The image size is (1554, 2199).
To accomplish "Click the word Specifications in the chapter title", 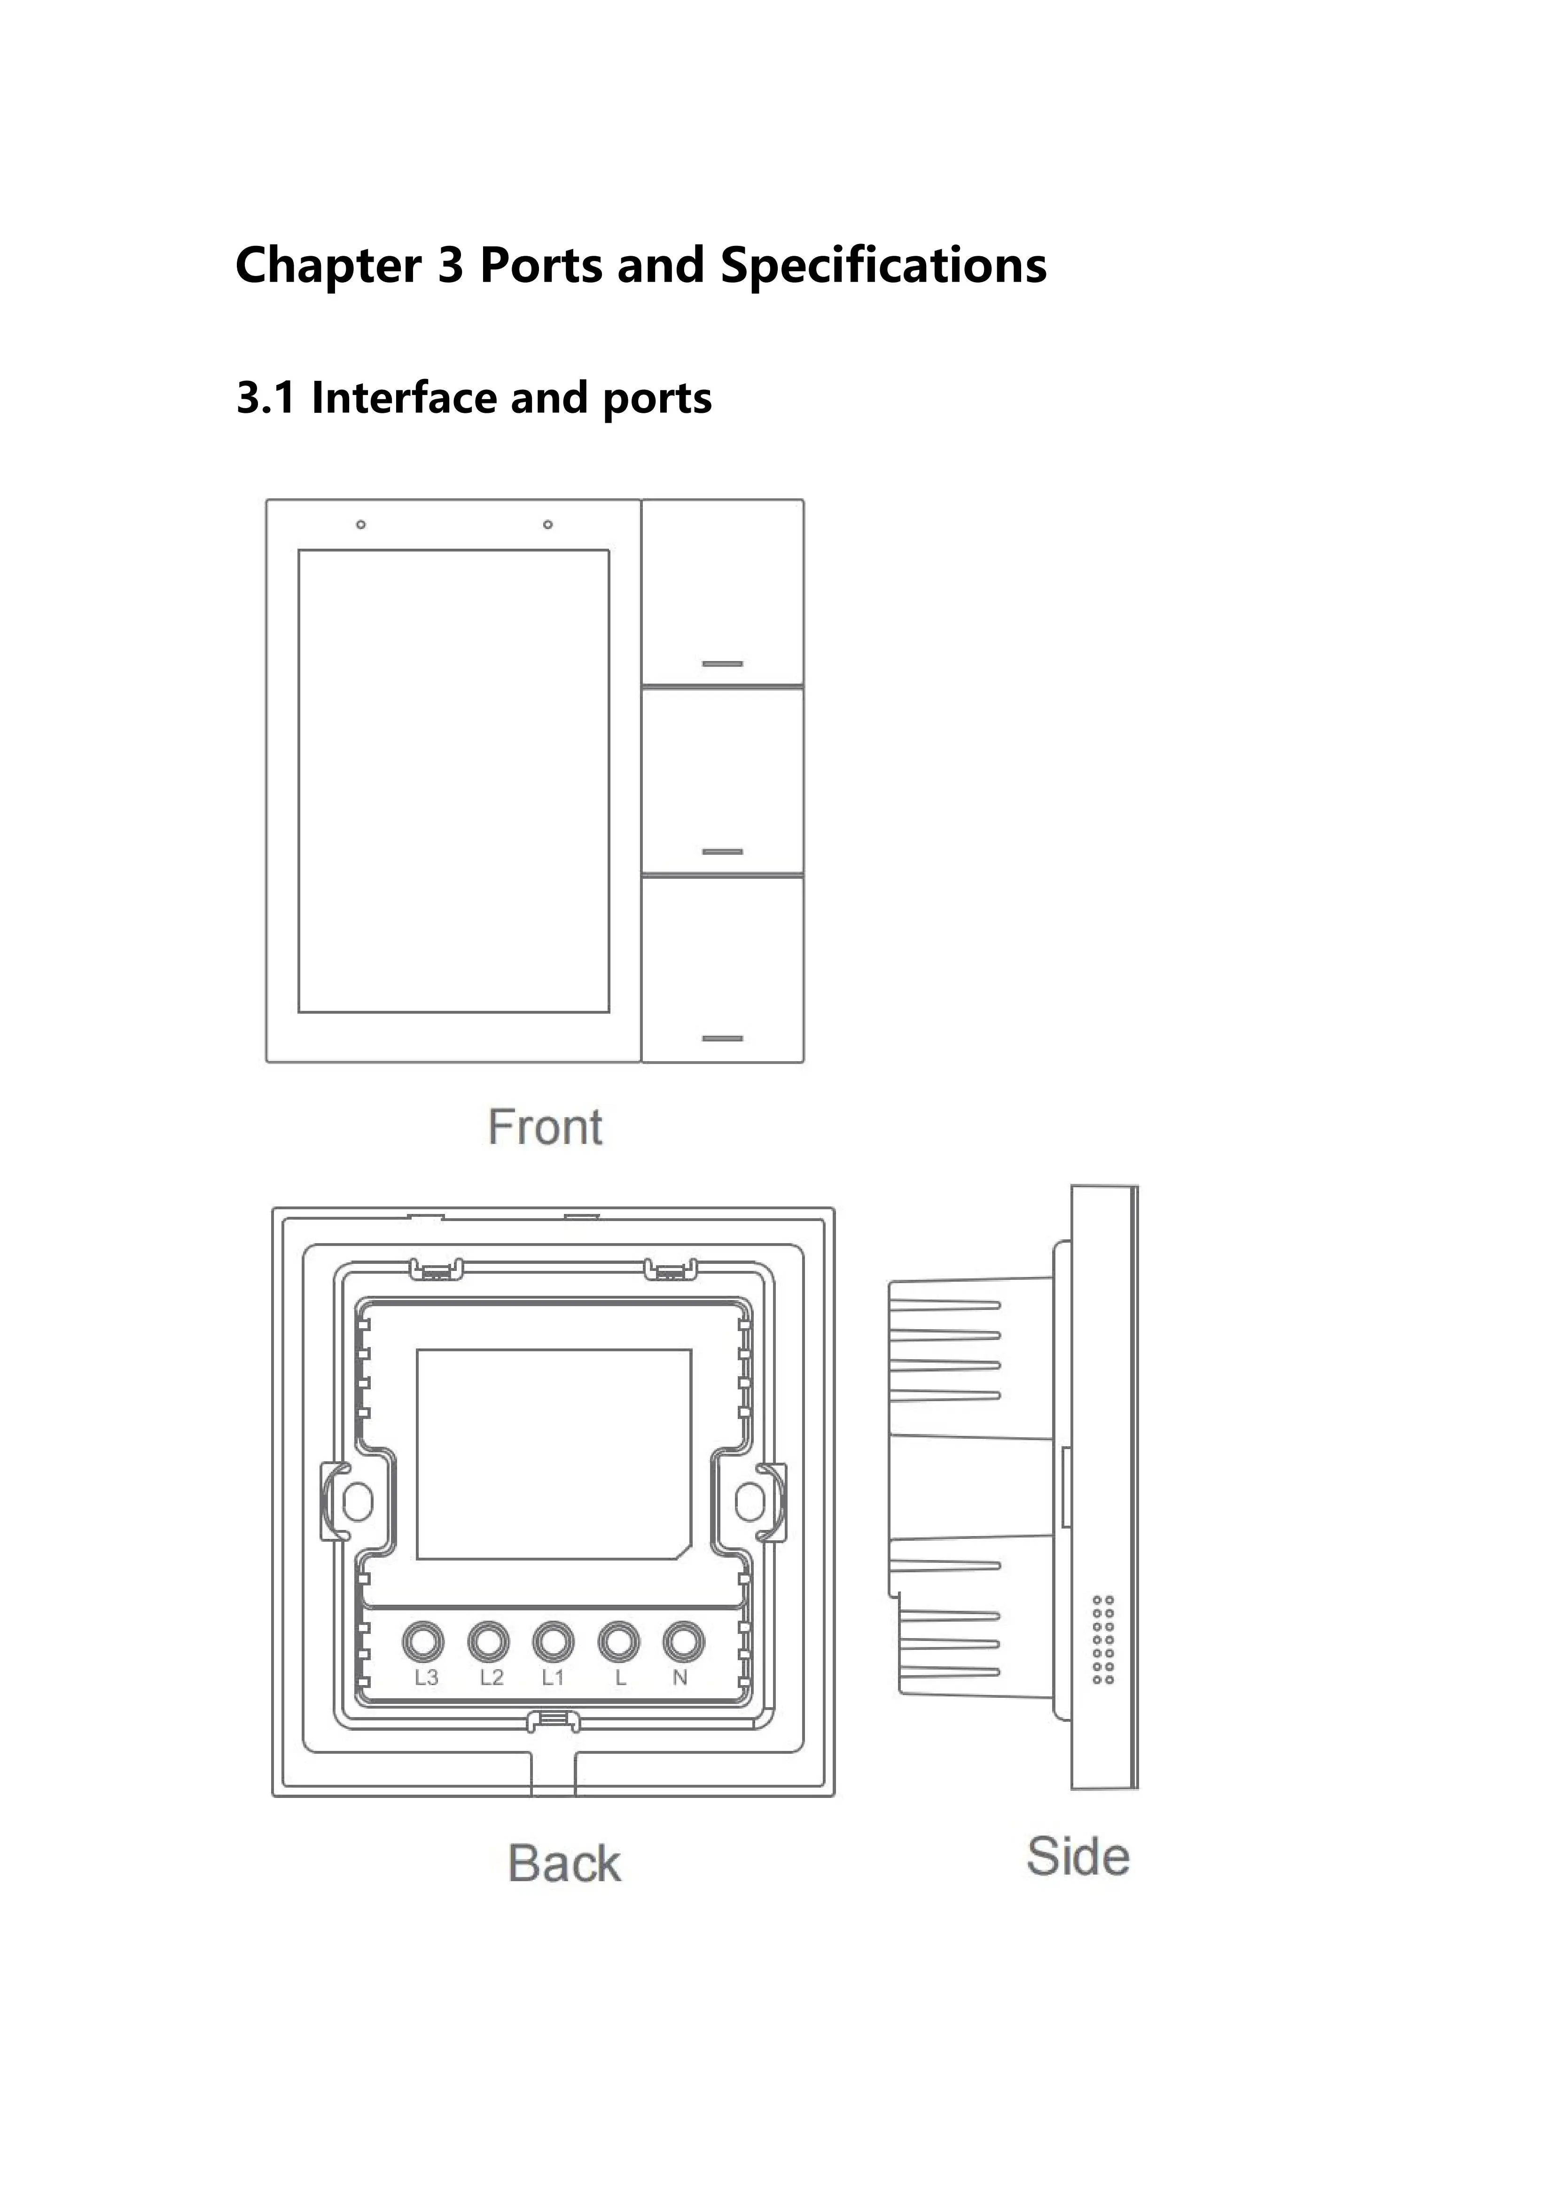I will coord(883,265).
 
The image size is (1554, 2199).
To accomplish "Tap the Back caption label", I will coord(564,1863).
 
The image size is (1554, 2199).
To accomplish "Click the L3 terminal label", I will coord(426,1678).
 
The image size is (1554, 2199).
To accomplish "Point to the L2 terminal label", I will coord(491,1678).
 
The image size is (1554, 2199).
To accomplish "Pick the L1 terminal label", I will coord(554,1678).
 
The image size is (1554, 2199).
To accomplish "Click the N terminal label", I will coord(680,1678).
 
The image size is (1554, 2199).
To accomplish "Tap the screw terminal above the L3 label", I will coord(423,1641).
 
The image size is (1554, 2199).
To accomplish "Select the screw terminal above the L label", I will coord(618,1641).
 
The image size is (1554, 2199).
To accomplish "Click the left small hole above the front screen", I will coord(361,525).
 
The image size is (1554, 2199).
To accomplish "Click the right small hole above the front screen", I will coord(547,525).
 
